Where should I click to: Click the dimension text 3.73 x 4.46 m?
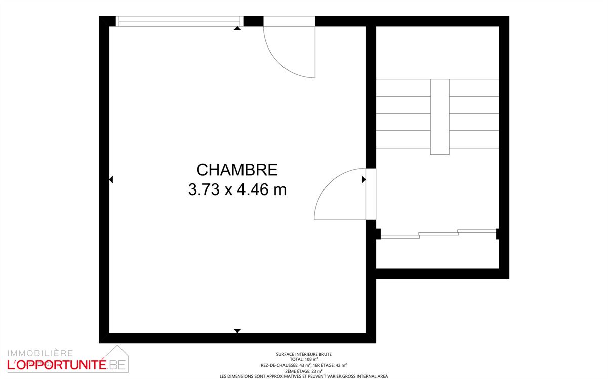point(237,191)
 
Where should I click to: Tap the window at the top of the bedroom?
point(178,21)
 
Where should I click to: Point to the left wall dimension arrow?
point(111,179)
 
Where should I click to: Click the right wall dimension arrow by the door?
point(363,179)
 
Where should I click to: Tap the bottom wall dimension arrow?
point(237,331)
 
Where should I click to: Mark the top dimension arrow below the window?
point(237,28)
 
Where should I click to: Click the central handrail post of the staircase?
point(439,117)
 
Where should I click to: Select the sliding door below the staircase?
point(438,233)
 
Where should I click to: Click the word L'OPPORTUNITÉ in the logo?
point(56,364)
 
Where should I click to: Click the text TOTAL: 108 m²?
point(304,360)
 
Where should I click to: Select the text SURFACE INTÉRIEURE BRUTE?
point(304,354)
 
